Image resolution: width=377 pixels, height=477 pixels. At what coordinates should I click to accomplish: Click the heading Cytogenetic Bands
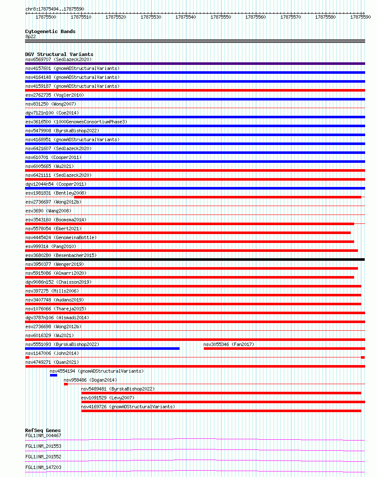click(x=50, y=31)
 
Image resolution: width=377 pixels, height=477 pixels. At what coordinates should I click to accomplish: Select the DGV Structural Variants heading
click(x=59, y=54)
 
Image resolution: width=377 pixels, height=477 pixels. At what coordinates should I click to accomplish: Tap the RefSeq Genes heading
click(x=43, y=431)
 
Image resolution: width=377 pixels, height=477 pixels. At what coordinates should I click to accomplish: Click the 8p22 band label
click(x=30, y=36)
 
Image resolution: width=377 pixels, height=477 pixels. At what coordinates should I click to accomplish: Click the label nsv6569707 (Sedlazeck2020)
click(x=58, y=59)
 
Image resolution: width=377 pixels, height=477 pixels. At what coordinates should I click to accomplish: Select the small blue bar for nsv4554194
click(x=53, y=375)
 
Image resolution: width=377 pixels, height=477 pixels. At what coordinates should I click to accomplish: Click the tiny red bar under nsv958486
click(x=66, y=384)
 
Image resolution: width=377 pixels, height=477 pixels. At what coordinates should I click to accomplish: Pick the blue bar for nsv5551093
click(x=102, y=349)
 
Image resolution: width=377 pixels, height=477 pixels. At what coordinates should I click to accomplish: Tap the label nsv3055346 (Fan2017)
click(x=229, y=344)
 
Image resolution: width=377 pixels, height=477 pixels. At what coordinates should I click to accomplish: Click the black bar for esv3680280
click(x=195, y=259)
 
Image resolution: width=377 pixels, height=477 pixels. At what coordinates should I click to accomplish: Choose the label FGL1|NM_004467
click(x=43, y=435)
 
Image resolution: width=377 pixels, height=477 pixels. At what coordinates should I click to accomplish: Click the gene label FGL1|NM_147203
click(x=43, y=467)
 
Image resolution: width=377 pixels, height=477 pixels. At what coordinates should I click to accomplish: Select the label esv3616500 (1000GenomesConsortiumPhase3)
click(x=76, y=122)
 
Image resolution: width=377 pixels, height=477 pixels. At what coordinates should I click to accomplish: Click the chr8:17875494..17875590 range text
click(x=55, y=9)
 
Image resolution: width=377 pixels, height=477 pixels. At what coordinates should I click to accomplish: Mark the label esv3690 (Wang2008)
click(x=48, y=211)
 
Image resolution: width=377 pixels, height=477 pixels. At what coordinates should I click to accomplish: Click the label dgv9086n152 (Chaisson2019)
click(x=58, y=282)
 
